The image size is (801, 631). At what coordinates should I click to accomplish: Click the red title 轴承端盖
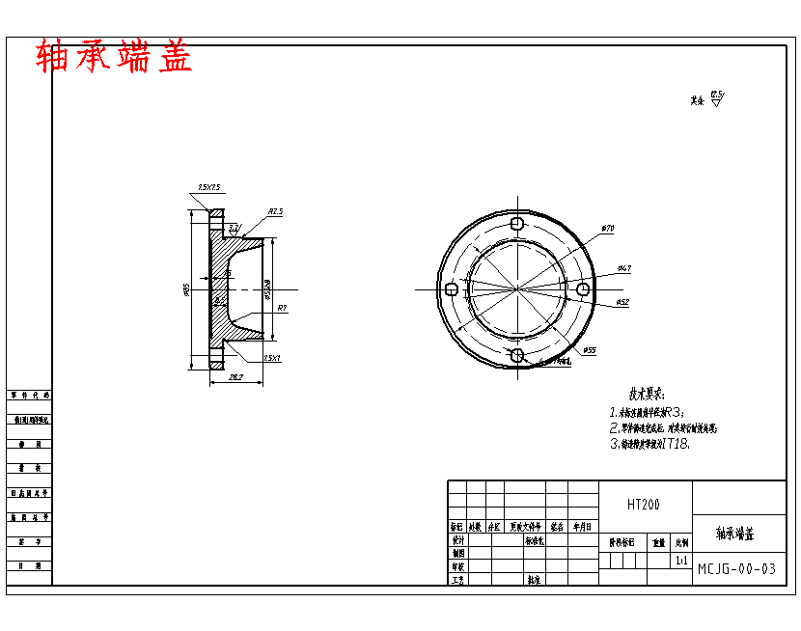(x=114, y=57)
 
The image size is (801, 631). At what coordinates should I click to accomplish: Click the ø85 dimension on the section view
(x=185, y=288)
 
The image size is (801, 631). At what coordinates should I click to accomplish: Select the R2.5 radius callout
(x=275, y=210)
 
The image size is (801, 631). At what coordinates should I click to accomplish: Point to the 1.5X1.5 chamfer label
(x=209, y=187)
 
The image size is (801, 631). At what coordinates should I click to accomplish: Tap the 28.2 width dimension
(x=235, y=377)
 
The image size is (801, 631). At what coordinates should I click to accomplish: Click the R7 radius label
(x=283, y=307)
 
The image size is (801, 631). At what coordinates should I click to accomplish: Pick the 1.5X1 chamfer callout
(x=271, y=358)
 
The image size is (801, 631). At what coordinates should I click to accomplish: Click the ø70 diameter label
(x=608, y=228)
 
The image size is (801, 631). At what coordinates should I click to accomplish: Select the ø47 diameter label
(x=624, y=267)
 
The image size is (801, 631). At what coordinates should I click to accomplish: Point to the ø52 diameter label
(x=622, y=302)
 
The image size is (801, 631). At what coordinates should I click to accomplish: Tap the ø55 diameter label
(x=590, y=350)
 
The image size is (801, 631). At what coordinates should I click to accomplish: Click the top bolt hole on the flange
(x=517, y=223)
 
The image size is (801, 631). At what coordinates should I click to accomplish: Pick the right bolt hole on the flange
(x=583, y=288)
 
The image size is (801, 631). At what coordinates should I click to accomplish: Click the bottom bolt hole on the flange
(x=517, y=356)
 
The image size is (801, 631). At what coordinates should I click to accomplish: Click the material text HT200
(x=644, y=504)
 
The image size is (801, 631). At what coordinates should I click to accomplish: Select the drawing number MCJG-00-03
(x=736, y=568)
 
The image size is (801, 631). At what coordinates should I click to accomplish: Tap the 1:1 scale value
(x=681, y=560)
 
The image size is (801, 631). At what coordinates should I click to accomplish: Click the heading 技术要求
(x=648, y=395)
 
